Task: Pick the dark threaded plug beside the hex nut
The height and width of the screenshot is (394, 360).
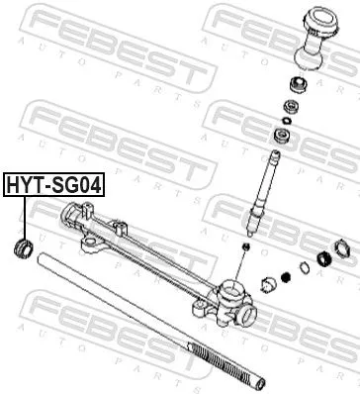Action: pos(322,261)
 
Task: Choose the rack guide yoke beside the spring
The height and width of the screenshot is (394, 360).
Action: pos(267,286)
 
